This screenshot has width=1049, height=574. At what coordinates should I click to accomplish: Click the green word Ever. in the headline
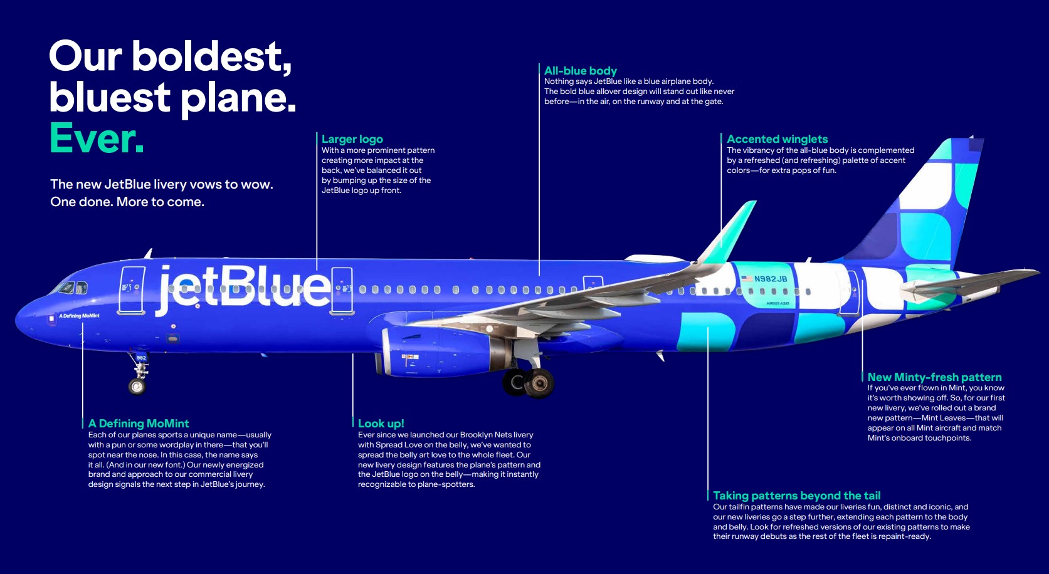pos(97,138)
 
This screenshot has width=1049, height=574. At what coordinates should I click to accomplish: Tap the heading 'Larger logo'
pos(352,139)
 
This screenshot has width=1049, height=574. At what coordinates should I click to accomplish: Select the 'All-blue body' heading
pos(580,71)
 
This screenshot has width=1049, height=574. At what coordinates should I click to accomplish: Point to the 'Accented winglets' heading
pos(777,139)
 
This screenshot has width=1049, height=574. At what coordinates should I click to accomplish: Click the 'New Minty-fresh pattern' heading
pos(934,377)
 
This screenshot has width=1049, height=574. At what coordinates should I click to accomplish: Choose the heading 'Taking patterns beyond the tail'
pos(796,496)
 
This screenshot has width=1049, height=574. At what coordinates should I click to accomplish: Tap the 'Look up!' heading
pos(381,424)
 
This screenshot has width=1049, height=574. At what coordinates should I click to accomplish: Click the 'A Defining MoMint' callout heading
pos(139,424)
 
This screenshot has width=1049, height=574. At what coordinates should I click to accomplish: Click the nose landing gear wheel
pos(137,387)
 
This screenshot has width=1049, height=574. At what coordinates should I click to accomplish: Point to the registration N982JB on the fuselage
pos(771,279)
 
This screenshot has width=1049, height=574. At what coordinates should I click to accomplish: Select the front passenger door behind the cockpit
pos(132,290)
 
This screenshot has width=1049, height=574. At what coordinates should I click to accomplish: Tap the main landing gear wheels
pos(528,382)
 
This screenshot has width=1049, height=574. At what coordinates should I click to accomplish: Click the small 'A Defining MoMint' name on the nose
pos(79,316)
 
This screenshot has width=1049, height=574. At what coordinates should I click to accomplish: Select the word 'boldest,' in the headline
pos(212,57)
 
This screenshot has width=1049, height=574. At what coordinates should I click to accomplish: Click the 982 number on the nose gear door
pos(141,358)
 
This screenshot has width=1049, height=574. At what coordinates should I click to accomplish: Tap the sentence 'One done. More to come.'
pos(127,202)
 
